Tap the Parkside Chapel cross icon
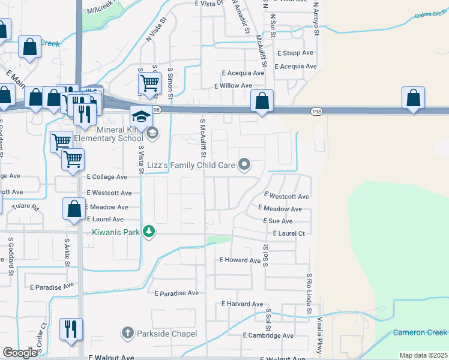pos(127,333)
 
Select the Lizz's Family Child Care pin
pos(244,163)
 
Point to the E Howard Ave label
pos(240,260)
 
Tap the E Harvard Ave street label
pos(242,304)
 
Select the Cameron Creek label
pos(420,332)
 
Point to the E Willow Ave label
pos(234,86)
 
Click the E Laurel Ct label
pos(289,233)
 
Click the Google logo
pos(20,353)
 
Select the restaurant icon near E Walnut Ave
pos(71,329)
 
